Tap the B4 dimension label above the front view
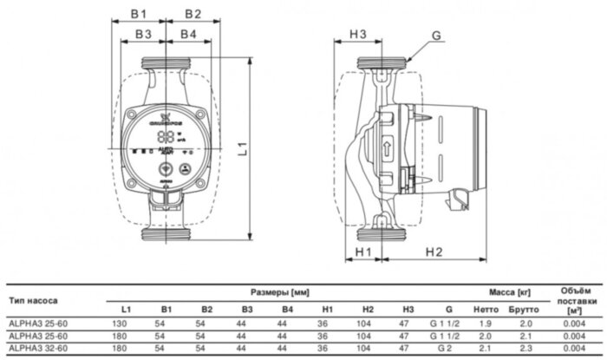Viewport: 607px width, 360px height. coord(187,35)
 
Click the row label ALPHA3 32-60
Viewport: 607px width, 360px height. coord(35,348)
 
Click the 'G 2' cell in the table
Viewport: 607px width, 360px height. coord(448,348)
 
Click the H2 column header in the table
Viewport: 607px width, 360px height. coord(368,309)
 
